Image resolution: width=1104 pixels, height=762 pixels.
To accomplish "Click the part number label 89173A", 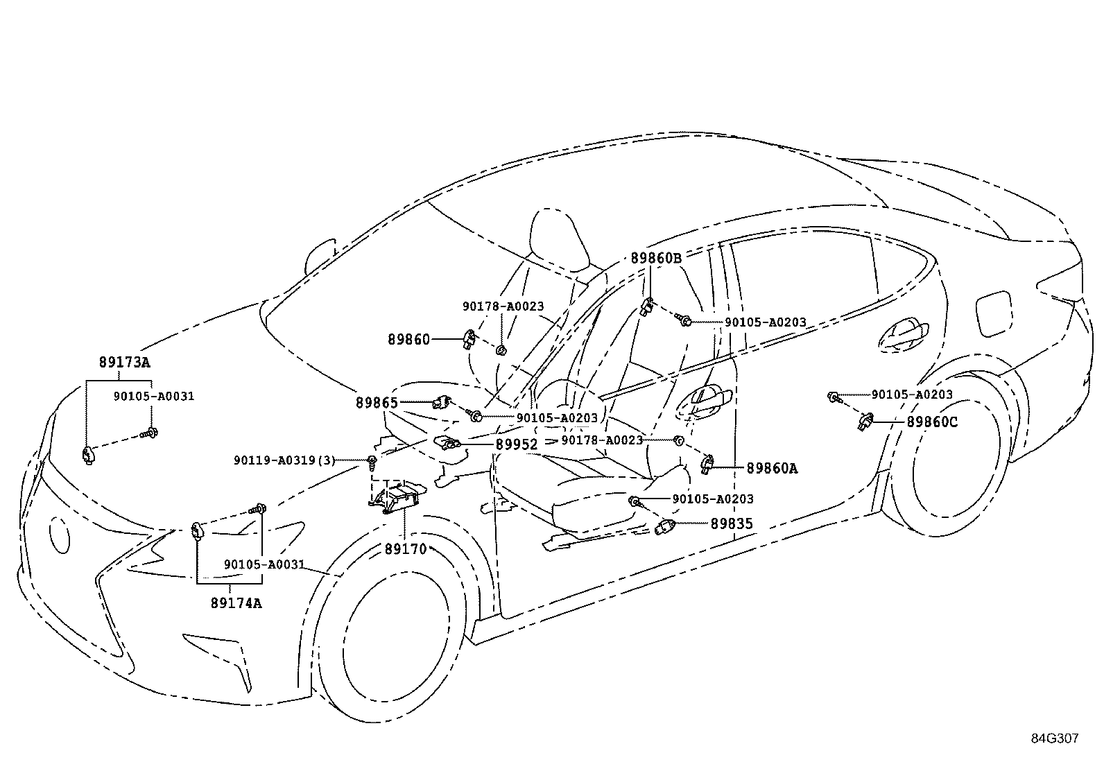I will pyautogui.click(x=124, y=362).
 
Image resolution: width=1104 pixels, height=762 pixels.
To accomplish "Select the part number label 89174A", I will pyautogui.click(x=236, y=603).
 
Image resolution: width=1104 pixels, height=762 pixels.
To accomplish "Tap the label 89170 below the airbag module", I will pyautogui.click(x=406, y=549).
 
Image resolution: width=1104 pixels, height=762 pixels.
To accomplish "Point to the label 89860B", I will pyautogui.click(x=656, y=258).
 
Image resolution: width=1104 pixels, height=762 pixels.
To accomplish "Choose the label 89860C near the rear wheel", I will pyautogui.click(x=932, y=422).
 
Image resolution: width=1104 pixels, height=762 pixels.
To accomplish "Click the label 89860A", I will pyautogui.click(x=772, y=468).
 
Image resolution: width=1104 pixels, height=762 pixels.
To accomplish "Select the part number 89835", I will pyautogui.click(x=731, y=523).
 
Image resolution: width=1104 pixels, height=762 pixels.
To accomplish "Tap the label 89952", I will pyautogui.click(x=517, y=444).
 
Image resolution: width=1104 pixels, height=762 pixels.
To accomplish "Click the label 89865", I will pyautogui.click(x=377, y=402).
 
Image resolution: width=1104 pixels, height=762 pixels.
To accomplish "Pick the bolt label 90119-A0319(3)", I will pyautogui.click(x=284, y=460).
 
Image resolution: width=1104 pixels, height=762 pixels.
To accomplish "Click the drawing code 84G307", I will pyautogui.click(x=1055, y=738).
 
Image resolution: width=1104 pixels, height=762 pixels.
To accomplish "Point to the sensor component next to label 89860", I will pyautogui.click(x=469, y=339).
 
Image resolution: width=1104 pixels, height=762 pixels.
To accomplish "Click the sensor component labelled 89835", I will pyautogui.click(x=666, y=527).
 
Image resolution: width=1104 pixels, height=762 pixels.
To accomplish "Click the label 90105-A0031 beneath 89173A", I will pyautogui.click(x=154, y=397).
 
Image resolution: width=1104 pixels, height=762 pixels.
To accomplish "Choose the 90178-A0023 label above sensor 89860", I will pyautogui.click(x=503, y=306).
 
